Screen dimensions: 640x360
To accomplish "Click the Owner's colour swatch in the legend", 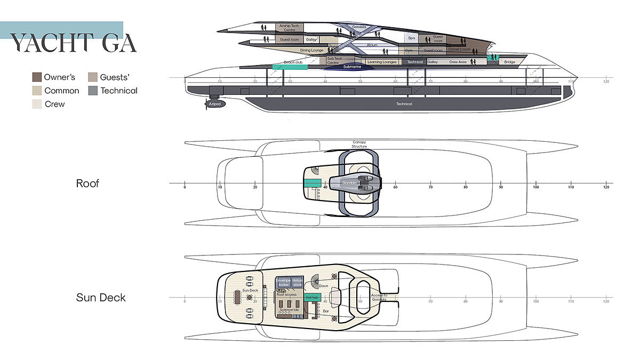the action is point(37,77).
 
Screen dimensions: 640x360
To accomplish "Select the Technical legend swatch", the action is point(93,91).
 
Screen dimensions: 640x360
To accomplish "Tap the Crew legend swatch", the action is point(37,104).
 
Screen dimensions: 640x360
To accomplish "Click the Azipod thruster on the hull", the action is point(215,104).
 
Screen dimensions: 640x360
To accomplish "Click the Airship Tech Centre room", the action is point(289,27).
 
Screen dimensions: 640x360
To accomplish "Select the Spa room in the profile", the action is point(411,38).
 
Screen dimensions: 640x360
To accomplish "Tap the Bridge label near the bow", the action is point(509,62).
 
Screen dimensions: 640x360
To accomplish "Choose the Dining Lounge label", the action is point(311,51).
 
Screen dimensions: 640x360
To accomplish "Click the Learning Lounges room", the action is point(382,62).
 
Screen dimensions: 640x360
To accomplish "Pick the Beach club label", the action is point(293,62).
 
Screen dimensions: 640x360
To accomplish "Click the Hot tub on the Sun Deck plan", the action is point(311,297).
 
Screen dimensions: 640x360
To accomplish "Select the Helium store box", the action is point(298,282).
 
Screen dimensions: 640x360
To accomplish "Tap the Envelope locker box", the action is point(283,282).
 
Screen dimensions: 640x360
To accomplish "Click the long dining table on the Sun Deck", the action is point(237,297).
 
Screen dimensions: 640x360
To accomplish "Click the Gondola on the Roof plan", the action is point(349,183).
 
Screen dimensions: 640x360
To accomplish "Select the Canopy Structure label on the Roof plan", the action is point(359,144).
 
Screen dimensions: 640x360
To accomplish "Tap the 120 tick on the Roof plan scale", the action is point(606,187).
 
